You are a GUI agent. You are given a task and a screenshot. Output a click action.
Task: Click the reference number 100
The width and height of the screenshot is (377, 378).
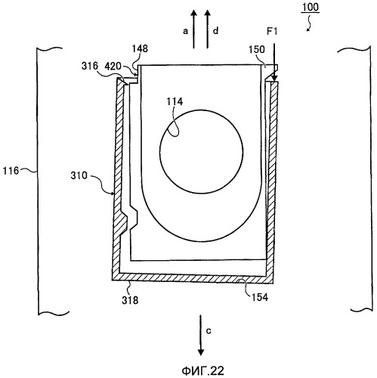click(311, 7)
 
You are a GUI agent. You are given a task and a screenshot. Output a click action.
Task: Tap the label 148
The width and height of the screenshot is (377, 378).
click(140, 48)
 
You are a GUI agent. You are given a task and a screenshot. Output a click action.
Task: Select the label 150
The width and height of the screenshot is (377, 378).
click(257, 49)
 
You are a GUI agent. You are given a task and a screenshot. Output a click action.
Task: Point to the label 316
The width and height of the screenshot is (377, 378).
click(90, 66)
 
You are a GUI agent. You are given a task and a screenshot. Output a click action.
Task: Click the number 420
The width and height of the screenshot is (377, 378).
click(113, 67)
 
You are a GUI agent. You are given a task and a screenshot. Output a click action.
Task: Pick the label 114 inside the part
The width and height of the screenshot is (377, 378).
click(175, 101)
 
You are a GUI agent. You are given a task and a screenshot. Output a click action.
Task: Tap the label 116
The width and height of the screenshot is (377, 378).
click(11, 171)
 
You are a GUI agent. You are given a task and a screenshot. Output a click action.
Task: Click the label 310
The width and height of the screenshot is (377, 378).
click(79, 175)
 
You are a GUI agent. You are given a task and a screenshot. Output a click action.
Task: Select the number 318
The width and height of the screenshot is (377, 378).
click(130, 300)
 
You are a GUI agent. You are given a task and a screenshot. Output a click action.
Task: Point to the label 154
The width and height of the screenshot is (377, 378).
click(260, 297)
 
